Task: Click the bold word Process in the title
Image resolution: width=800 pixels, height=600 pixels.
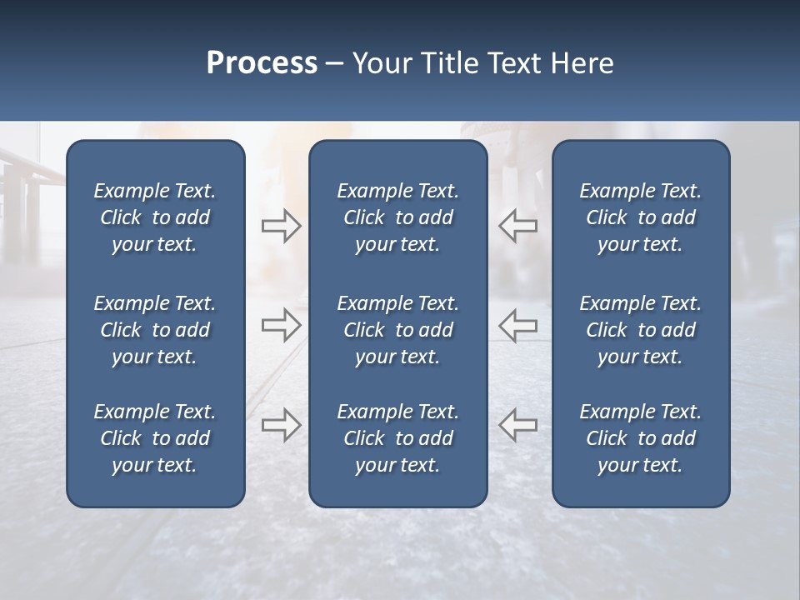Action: [262, 63]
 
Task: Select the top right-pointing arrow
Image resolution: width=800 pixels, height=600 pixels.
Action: [281, 226]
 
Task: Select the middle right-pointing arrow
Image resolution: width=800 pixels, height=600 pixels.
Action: [281, 324]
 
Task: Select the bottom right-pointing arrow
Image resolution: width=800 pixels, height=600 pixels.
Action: [281, 425]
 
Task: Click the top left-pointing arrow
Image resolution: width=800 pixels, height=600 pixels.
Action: [517, 226]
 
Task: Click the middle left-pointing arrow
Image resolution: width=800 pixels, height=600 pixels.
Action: [517, 324]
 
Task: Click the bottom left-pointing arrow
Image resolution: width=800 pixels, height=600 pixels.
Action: [517, 425]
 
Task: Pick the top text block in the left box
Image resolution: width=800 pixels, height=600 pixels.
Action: [155, 217]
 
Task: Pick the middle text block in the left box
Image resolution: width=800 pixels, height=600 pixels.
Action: [155, 330]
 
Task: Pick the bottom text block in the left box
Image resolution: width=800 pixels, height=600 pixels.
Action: [155, 438]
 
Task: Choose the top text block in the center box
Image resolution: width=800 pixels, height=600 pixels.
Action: [397, 217]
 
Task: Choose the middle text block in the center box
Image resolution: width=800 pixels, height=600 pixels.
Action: [397, 330]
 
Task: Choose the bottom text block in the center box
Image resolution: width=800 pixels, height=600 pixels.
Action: [397, 438]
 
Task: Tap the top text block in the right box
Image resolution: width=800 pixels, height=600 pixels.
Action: [640, 217]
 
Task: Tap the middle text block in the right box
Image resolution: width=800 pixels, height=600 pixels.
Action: [640, 330]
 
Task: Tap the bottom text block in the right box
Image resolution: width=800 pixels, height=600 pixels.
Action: [640, 438]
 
